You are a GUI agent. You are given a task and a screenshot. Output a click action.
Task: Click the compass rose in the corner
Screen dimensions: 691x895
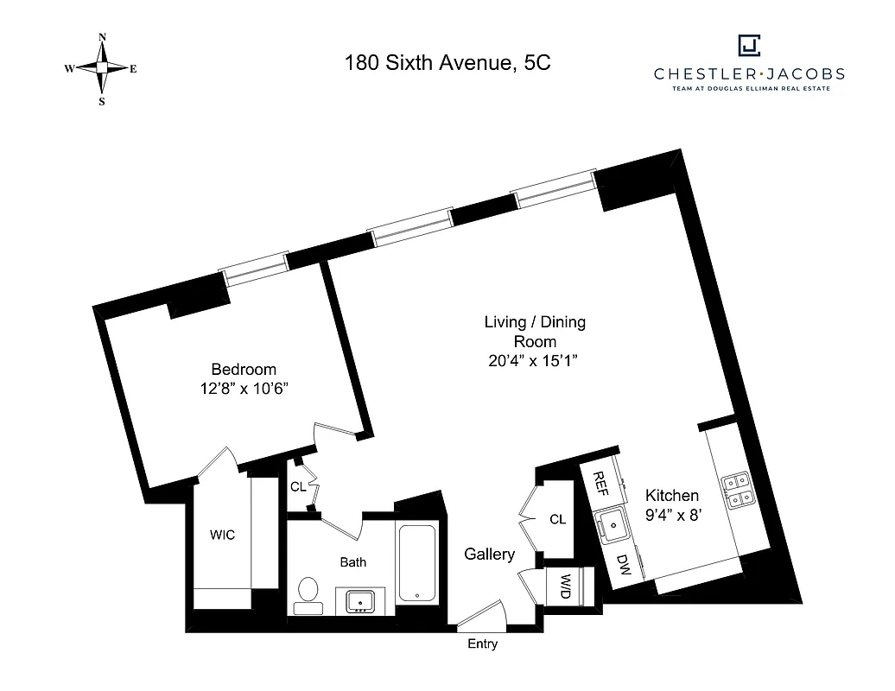(102, 68)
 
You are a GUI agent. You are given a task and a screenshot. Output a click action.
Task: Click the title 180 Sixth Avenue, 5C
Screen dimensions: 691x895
(447, 62)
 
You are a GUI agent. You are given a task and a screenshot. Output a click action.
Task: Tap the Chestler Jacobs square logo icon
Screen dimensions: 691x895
(748, 45)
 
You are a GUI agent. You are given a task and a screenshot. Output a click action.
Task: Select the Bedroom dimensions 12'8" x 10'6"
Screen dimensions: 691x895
(244, 389)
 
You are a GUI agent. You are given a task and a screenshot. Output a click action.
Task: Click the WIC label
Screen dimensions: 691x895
(222, 535)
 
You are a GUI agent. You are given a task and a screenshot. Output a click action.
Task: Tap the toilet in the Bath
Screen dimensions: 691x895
(307, 593)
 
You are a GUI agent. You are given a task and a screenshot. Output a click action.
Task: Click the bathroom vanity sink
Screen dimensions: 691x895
(360, 600)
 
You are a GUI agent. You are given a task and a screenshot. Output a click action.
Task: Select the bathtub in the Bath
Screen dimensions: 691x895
(417, 561)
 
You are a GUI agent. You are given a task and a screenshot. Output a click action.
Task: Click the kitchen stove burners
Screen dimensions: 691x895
(738, 490)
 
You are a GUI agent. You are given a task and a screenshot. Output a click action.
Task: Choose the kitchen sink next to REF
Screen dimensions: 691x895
(613, 522)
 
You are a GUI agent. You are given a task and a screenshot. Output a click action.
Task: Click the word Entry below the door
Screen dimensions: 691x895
(482, 644)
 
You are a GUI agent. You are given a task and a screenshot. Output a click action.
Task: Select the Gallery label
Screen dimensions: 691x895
(489, 555)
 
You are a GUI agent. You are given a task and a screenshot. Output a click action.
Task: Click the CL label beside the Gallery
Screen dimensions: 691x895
(557, 519)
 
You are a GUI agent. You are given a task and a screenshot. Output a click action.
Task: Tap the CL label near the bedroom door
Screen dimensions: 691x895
(297, 487)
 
